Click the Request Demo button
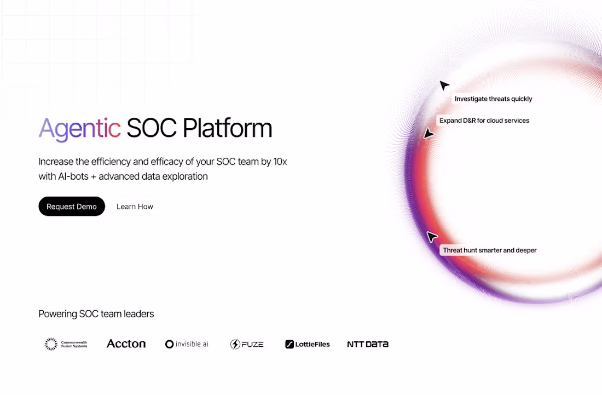72,207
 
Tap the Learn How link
135,207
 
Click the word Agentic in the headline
80,129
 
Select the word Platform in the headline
227,129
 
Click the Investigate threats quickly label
493,99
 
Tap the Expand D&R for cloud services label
484,121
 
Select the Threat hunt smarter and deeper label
489,250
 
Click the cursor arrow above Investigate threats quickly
444,85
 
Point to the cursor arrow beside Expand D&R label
429,134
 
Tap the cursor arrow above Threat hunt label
432,237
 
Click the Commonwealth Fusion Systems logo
66,344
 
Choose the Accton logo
126,344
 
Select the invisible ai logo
187,344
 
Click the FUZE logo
247,344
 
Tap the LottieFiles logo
307,344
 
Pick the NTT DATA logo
368,344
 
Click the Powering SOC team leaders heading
96,314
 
